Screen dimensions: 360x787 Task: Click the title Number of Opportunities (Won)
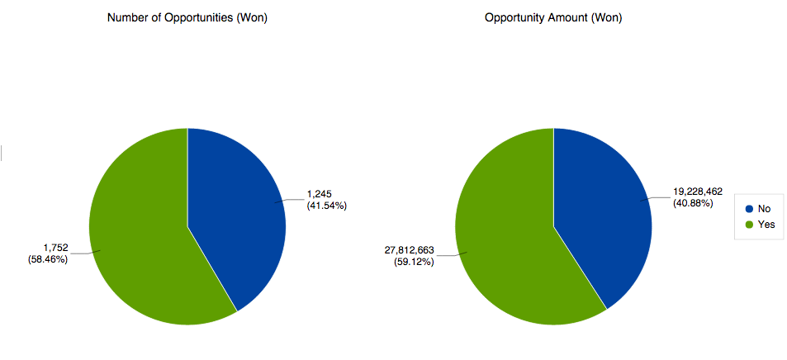[187, 18]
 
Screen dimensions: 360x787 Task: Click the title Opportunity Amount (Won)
[552, 18]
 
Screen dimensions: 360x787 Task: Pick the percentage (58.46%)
[48, 258]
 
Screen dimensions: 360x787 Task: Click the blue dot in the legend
[749, 209]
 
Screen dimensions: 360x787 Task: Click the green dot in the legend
[749, 225]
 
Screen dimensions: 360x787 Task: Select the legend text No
[764, 209]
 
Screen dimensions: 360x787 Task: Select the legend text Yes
[766, 225]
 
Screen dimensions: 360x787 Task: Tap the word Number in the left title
[127, 18]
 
